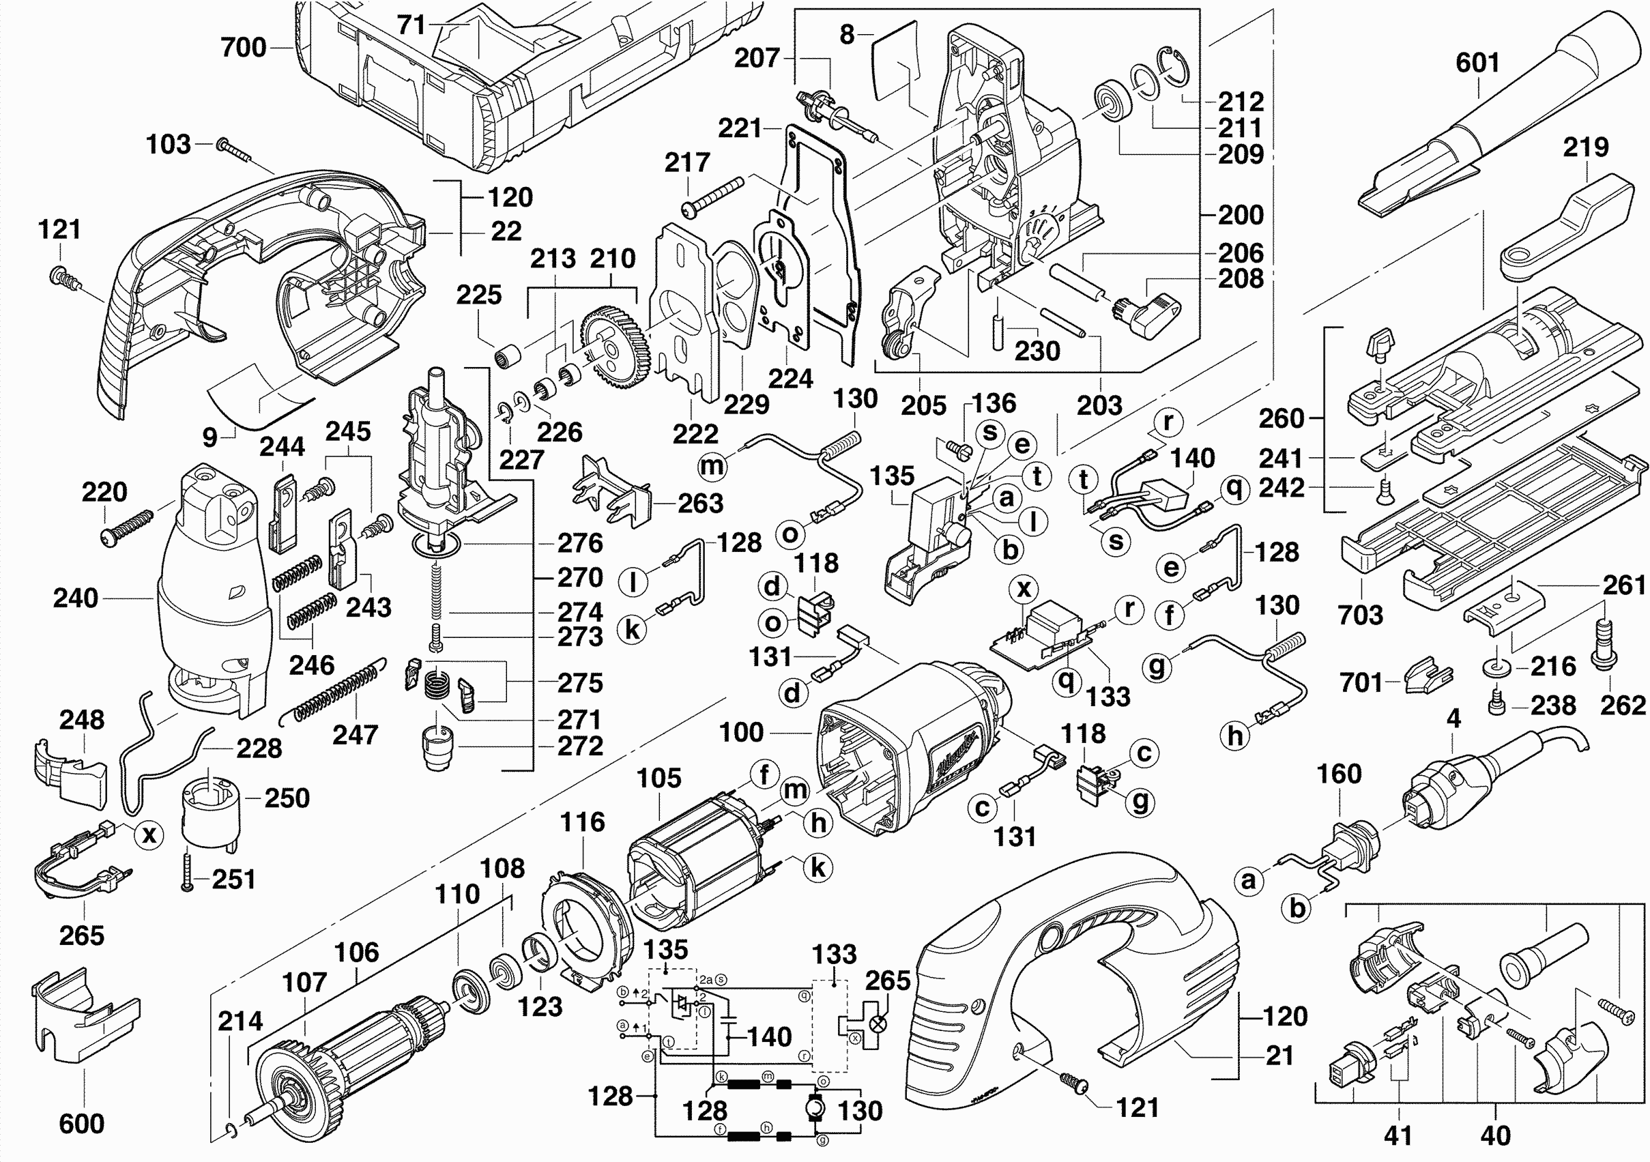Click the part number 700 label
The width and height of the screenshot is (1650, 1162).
point(244,48)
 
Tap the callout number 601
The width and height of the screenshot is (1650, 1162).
point(1477,63)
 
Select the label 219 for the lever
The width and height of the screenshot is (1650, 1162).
point(1585,147)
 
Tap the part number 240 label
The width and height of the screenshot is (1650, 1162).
point(76,598)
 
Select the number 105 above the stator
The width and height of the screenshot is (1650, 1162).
point(658,778)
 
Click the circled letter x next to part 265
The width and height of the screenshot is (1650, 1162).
point(149,834)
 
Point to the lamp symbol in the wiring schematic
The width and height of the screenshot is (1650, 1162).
point(878,1024)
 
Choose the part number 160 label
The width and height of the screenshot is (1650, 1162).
point(1339,774)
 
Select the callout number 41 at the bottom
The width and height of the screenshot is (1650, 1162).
point(1398,1135)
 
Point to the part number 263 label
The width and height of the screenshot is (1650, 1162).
point(700,503)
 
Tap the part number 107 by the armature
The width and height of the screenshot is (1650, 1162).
point(305,982)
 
